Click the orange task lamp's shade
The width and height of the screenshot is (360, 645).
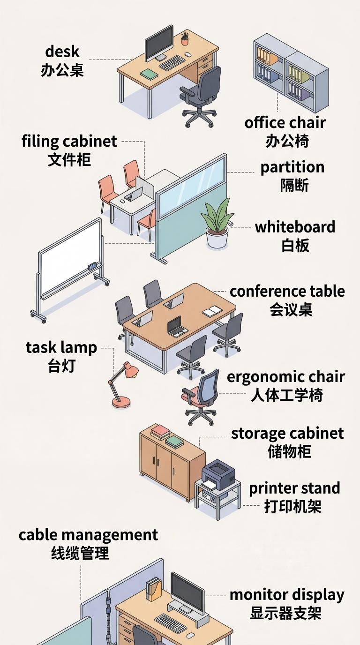(x=131, y=370)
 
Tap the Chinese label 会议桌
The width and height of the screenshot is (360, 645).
(x=291, y=310)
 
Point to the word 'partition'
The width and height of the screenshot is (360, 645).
(x=292, y=168)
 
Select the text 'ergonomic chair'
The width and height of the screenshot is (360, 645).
(x=285, y=377)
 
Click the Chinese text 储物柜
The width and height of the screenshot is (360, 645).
(x=290, y=451)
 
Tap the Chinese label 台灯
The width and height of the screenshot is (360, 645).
(x=61, y=366)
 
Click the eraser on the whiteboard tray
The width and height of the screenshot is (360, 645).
(x=93, y=266)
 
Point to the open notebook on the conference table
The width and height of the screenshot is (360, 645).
(x=212, y=311)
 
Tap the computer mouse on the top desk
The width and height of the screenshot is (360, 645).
(x=188, y=54)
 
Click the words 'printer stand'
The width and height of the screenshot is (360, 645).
(x=294, y=488)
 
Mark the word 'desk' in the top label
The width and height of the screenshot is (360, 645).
(x=62, y=52)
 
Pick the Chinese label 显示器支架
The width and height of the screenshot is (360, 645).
(x=285, y=613)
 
